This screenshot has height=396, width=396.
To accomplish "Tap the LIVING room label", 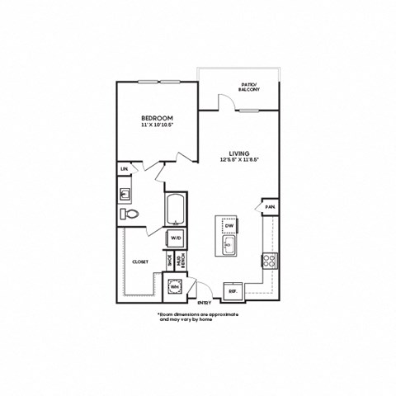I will click(239, 153).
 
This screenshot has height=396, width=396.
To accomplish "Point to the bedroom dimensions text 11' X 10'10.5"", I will click(155, 126).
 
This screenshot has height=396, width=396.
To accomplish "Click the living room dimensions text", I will click(239, 160).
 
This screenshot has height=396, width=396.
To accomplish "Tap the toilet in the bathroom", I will click(130, 214).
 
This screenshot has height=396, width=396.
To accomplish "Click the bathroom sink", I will click(125, 195).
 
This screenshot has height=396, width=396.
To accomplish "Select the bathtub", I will click(176, 209).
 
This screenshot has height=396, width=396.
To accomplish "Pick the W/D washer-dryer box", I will click(176, 238).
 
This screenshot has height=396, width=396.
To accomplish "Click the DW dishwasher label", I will click(229, 224).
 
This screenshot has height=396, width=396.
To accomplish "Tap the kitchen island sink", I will click(229, 245).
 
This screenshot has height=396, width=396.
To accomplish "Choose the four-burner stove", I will click(269, 260).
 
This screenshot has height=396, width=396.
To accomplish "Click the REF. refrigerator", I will click(233, 290).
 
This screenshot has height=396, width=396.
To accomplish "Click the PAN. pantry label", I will click(269, 205).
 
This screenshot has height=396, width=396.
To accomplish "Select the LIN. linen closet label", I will click(125, 169).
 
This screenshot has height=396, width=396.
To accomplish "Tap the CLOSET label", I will click(139, 262).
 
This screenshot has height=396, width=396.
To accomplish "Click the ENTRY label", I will click(204, 303).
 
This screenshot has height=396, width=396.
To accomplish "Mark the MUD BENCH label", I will click(179, 262).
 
